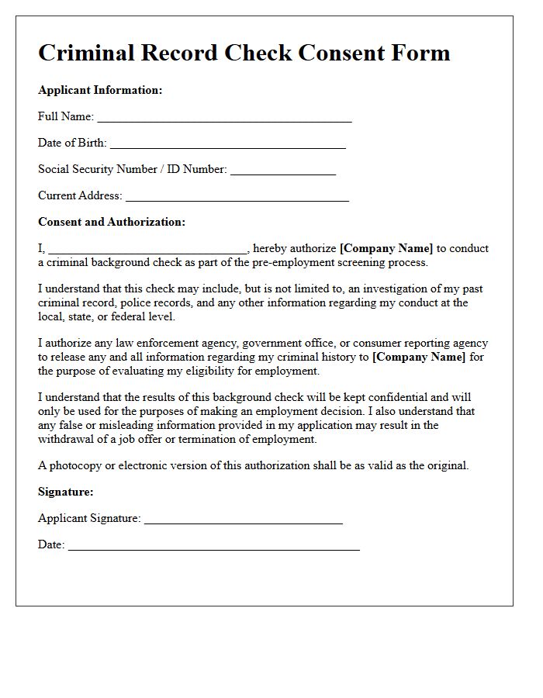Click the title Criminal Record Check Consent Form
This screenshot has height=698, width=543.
click(244, 53)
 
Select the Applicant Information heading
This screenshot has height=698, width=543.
click(100, 90)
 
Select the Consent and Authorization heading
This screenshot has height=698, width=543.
click(112, 222)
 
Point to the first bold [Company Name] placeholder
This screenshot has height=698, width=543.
click(386, 249)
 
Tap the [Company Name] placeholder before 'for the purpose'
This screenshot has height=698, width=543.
click(419, 357)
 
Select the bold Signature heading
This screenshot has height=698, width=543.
click(65, 492)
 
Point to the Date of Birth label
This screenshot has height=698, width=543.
click(72, 143)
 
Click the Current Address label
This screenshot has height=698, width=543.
click(80, 195)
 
